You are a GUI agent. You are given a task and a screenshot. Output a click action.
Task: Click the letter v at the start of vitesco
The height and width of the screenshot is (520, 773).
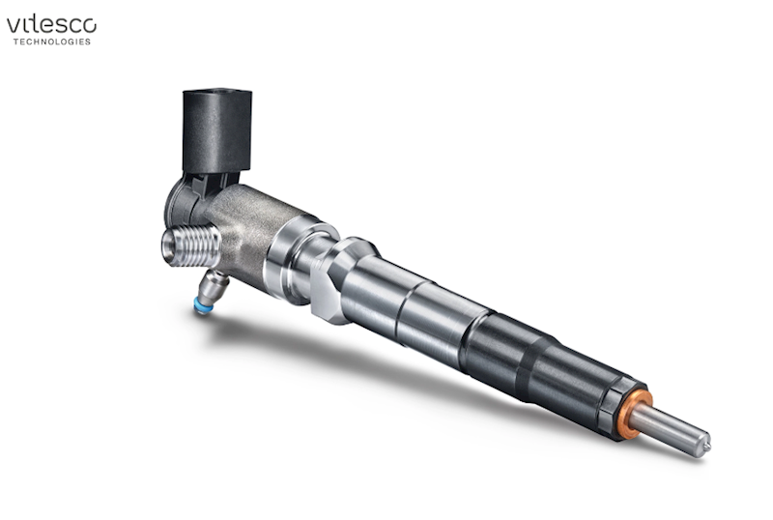click(14, 27)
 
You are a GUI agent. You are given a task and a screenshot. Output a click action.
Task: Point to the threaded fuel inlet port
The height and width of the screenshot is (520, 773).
click(191, 246)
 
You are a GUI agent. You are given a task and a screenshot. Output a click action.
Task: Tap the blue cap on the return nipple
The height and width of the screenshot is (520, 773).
click(201, 305)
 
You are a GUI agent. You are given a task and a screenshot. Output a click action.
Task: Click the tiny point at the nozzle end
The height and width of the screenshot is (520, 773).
click(707, 447)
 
